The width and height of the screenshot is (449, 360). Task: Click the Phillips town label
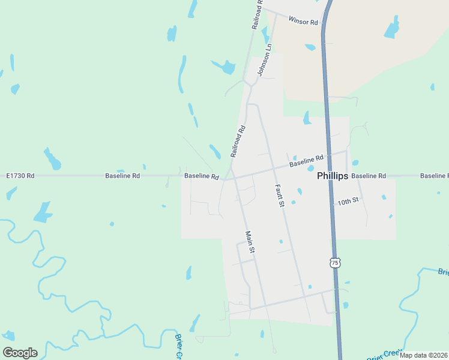[333, 176]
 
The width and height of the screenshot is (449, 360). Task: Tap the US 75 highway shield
[335, 263]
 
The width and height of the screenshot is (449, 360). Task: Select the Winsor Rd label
[303, 21]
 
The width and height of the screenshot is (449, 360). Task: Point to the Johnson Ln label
[265, 60]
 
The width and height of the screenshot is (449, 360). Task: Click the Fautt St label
[279, 195]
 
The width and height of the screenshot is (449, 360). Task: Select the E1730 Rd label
[20, 176]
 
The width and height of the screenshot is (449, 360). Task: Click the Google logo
[20, 352]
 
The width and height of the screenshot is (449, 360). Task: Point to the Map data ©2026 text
[423, 355]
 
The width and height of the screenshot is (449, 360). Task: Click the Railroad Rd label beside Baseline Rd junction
[238, 141]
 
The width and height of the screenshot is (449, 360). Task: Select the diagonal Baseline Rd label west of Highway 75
[306, 161]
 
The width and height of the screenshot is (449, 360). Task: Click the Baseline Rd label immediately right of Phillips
[369, 176]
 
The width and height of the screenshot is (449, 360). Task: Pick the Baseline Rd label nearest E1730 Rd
[122, 176]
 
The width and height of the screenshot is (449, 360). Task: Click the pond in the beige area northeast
[391, 29]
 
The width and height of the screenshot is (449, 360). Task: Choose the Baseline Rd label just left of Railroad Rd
[201, 176]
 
